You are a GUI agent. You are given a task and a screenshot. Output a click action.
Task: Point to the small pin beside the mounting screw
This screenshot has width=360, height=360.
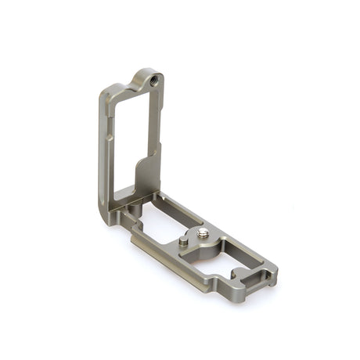click(x=183, y=243)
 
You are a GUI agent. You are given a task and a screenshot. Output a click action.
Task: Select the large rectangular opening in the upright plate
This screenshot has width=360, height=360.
click(x=133, y=141)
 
